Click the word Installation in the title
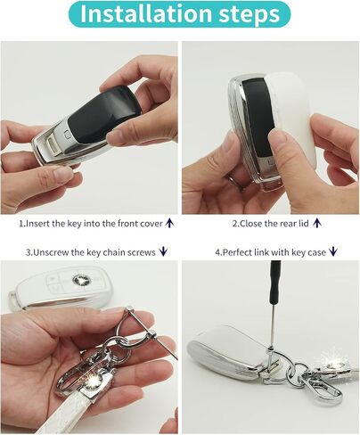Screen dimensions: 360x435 [x=145, y=13]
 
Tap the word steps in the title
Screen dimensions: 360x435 [x=250, y=14]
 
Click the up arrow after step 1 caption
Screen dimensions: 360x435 [x=169, y=223]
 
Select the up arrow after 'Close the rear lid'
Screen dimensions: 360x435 [x=317, y=223]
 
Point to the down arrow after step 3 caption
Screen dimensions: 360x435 [x=163, y=252]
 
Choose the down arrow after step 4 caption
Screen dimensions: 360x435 [x=333, y=252]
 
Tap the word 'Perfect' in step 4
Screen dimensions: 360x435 [x=237, y=252]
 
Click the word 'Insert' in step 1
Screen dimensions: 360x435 [x=37, y=224]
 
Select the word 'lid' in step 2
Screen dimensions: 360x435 [x=304, y=224]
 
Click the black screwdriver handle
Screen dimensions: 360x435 [x=275, y=284]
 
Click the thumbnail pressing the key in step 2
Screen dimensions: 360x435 [x=277, y=138]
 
